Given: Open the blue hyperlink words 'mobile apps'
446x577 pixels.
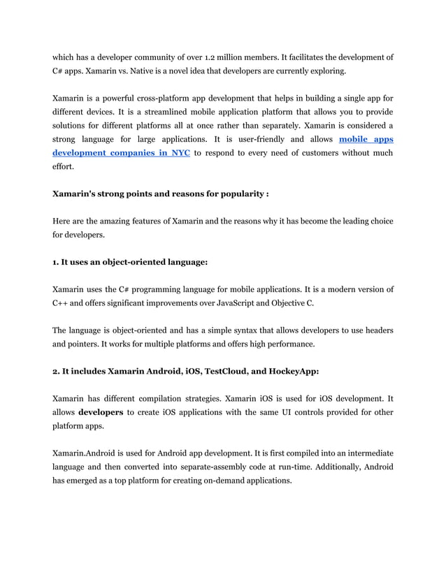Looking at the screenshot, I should point(366,139).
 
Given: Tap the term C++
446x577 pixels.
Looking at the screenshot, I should point(64,303).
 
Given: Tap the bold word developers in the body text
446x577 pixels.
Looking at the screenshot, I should point(101,413).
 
